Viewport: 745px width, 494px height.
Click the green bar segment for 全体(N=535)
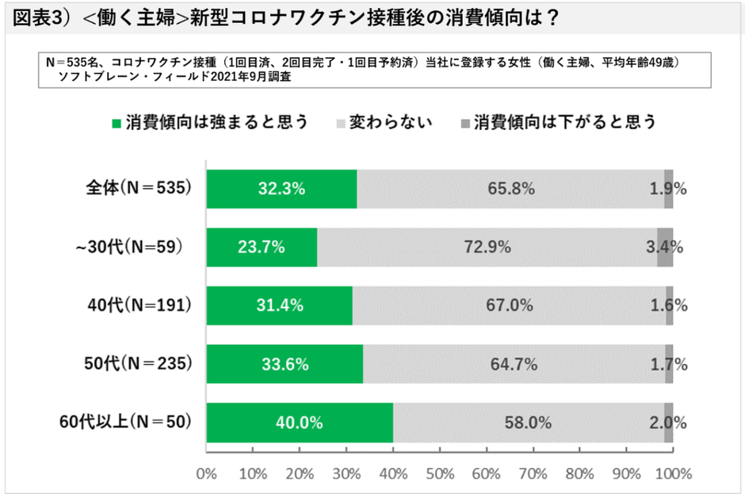(x=281, y=189)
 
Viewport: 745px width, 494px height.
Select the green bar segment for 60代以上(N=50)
(x=300, y=423)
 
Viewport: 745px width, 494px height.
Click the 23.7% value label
(x=262, y=247)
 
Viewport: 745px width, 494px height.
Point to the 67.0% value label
(x=510, y=306)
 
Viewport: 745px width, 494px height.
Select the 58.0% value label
(x=529, y=423)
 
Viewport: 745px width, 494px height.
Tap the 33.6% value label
(x=283, y=365)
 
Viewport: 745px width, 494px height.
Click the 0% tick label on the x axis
(x=206, y=474)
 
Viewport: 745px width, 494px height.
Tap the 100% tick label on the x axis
(x=674, y=474)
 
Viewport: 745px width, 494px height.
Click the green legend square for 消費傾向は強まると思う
(x=117, y=123)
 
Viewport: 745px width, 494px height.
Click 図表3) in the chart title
(x=41, y=18)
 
